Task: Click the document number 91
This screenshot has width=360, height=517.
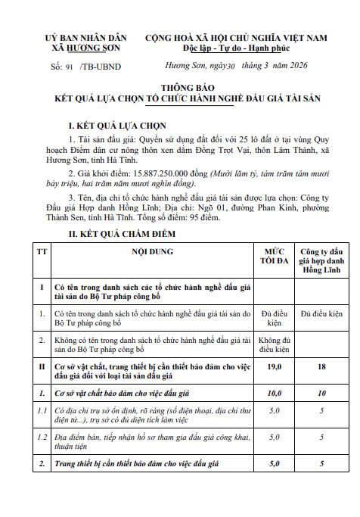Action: [70, 66]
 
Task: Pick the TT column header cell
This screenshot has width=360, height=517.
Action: [40, 251]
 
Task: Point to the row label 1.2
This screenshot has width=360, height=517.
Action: [40, 438]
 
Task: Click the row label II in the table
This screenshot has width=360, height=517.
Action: [40, 366]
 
